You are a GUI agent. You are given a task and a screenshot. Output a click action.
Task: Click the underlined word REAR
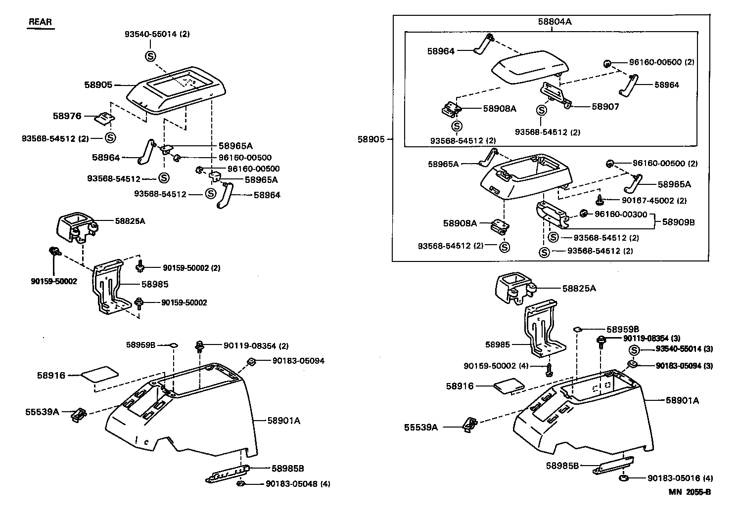pos(40,22)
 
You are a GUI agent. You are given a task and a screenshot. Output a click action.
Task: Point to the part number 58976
pos(67,116)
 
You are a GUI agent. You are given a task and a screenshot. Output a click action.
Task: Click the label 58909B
pos(678,222)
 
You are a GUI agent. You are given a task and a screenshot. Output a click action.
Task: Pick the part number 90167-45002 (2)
pos(647,201)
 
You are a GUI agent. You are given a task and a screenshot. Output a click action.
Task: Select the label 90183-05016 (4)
pos(680,478)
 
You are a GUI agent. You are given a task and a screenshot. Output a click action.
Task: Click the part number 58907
pos(605,106)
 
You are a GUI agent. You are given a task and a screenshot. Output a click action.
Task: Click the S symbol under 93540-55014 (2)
pos(150,56)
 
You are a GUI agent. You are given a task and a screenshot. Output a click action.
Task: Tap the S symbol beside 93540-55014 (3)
pos(635,350)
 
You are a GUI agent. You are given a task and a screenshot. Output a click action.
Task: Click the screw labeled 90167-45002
pos(600,200)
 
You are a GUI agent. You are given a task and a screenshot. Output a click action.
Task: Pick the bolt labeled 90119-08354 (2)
pos(200,346)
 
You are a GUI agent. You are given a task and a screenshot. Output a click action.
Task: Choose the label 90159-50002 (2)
pos(191,268)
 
